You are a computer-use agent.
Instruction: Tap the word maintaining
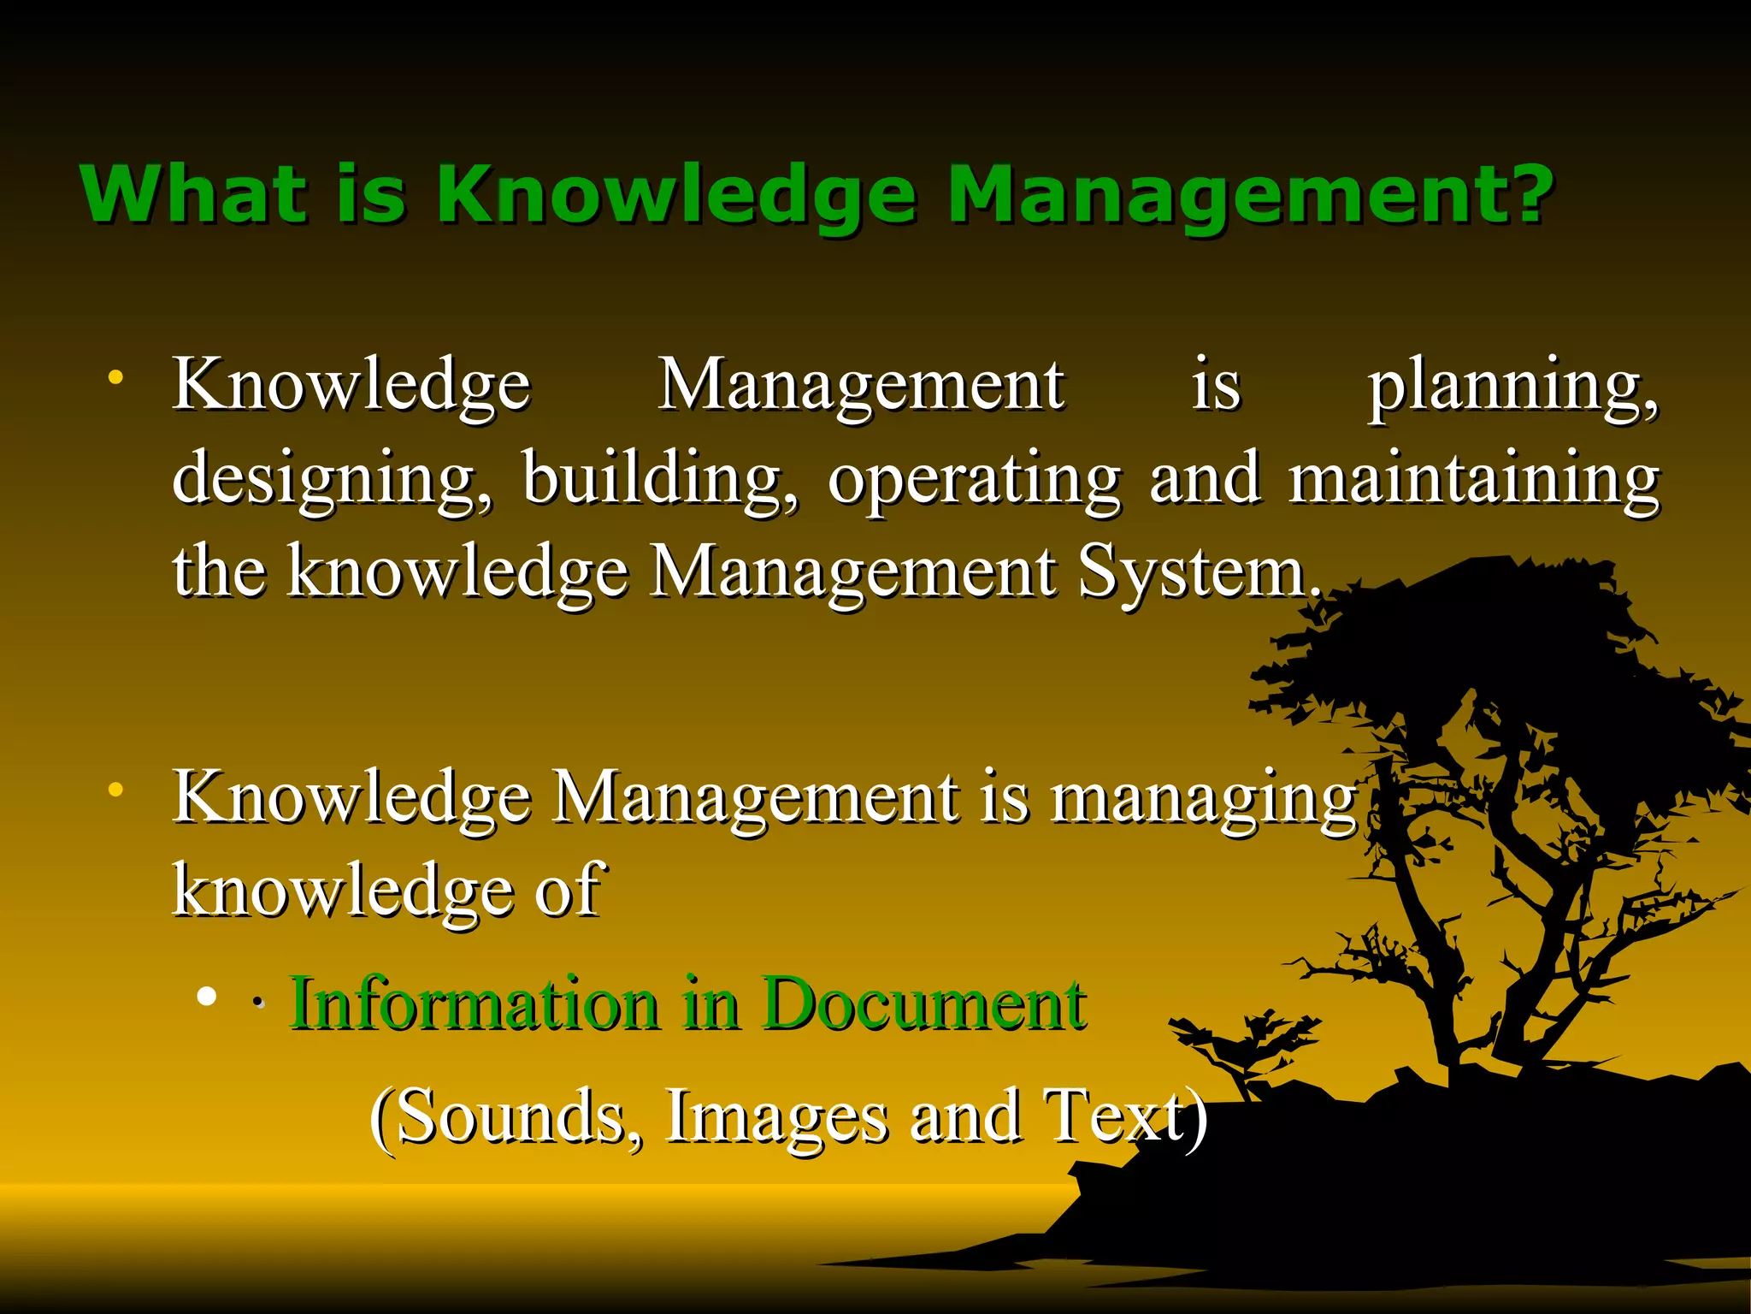[1475, 481]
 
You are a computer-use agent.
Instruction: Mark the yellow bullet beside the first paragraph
[115, 376]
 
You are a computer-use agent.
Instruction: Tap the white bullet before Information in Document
[205, 996]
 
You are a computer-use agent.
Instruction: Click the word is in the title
[370, 195]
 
